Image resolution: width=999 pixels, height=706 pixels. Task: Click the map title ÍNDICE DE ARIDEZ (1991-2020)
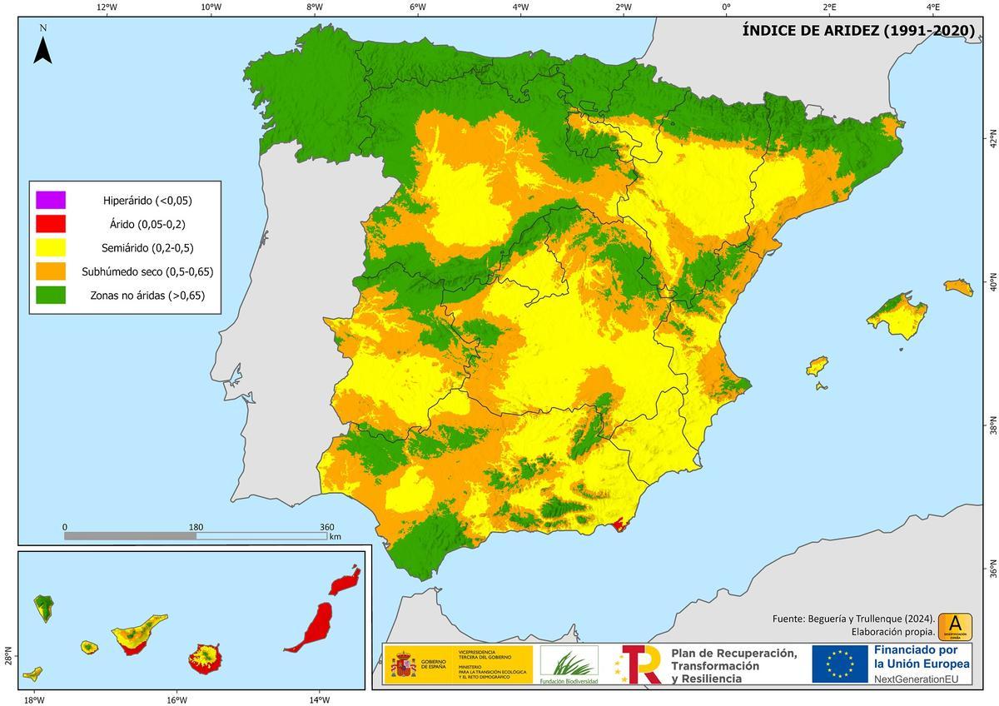(858, 32)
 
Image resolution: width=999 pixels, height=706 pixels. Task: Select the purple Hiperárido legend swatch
(50, 200)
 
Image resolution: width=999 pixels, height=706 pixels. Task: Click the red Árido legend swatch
(50, 224)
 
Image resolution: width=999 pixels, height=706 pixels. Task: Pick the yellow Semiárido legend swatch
(50, 247)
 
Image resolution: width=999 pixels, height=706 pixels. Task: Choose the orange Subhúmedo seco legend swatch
(50, 271)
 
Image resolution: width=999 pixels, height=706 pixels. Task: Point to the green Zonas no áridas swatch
(50, 295)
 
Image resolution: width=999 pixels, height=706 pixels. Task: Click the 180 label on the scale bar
(196, 526)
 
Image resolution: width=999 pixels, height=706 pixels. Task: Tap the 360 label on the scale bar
(327, 526)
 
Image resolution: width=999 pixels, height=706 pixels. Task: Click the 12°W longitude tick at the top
(107, 7)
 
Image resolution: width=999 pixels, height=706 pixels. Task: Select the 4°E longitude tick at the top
(932, 7)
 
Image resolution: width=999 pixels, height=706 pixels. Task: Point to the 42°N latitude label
(992, 138)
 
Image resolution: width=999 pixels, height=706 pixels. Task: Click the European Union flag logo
(840, 664)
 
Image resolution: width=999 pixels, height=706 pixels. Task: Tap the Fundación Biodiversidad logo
(569, 664)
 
